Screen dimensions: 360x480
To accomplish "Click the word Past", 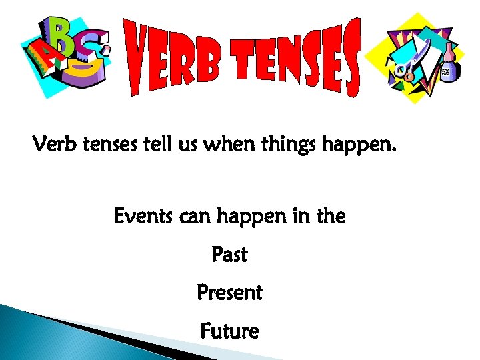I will [229, 255].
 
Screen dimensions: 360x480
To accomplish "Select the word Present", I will [229, 293].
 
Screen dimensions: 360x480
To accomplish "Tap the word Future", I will [229, 331].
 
